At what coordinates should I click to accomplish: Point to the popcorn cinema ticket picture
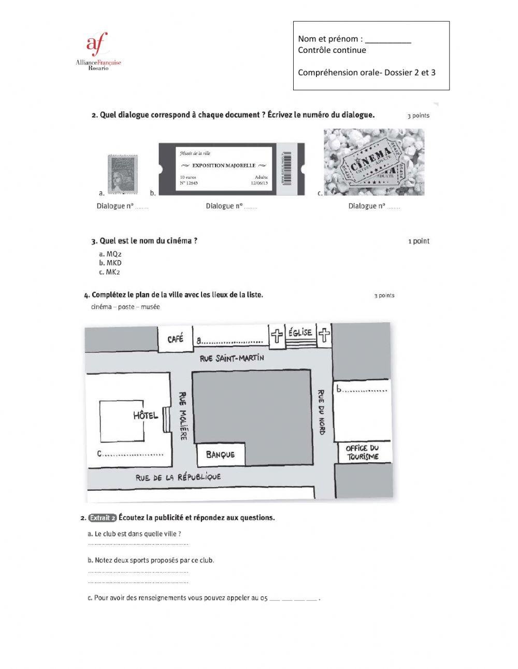coord(373,162)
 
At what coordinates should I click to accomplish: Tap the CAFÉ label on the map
coord(175,339)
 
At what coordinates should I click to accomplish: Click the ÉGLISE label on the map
coord(300,333)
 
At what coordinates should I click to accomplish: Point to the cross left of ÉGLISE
coord(277,336)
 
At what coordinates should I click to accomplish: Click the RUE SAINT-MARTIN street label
coord(232,358)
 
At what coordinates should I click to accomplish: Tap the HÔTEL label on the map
coord(145,415)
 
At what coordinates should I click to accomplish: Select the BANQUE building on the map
coord(220,454)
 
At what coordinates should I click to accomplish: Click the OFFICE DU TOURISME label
coord(362,452)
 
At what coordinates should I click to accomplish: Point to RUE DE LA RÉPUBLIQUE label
coord(178,477)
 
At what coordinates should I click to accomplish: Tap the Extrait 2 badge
coord(102,517)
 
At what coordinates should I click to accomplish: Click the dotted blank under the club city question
coord(138,544)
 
